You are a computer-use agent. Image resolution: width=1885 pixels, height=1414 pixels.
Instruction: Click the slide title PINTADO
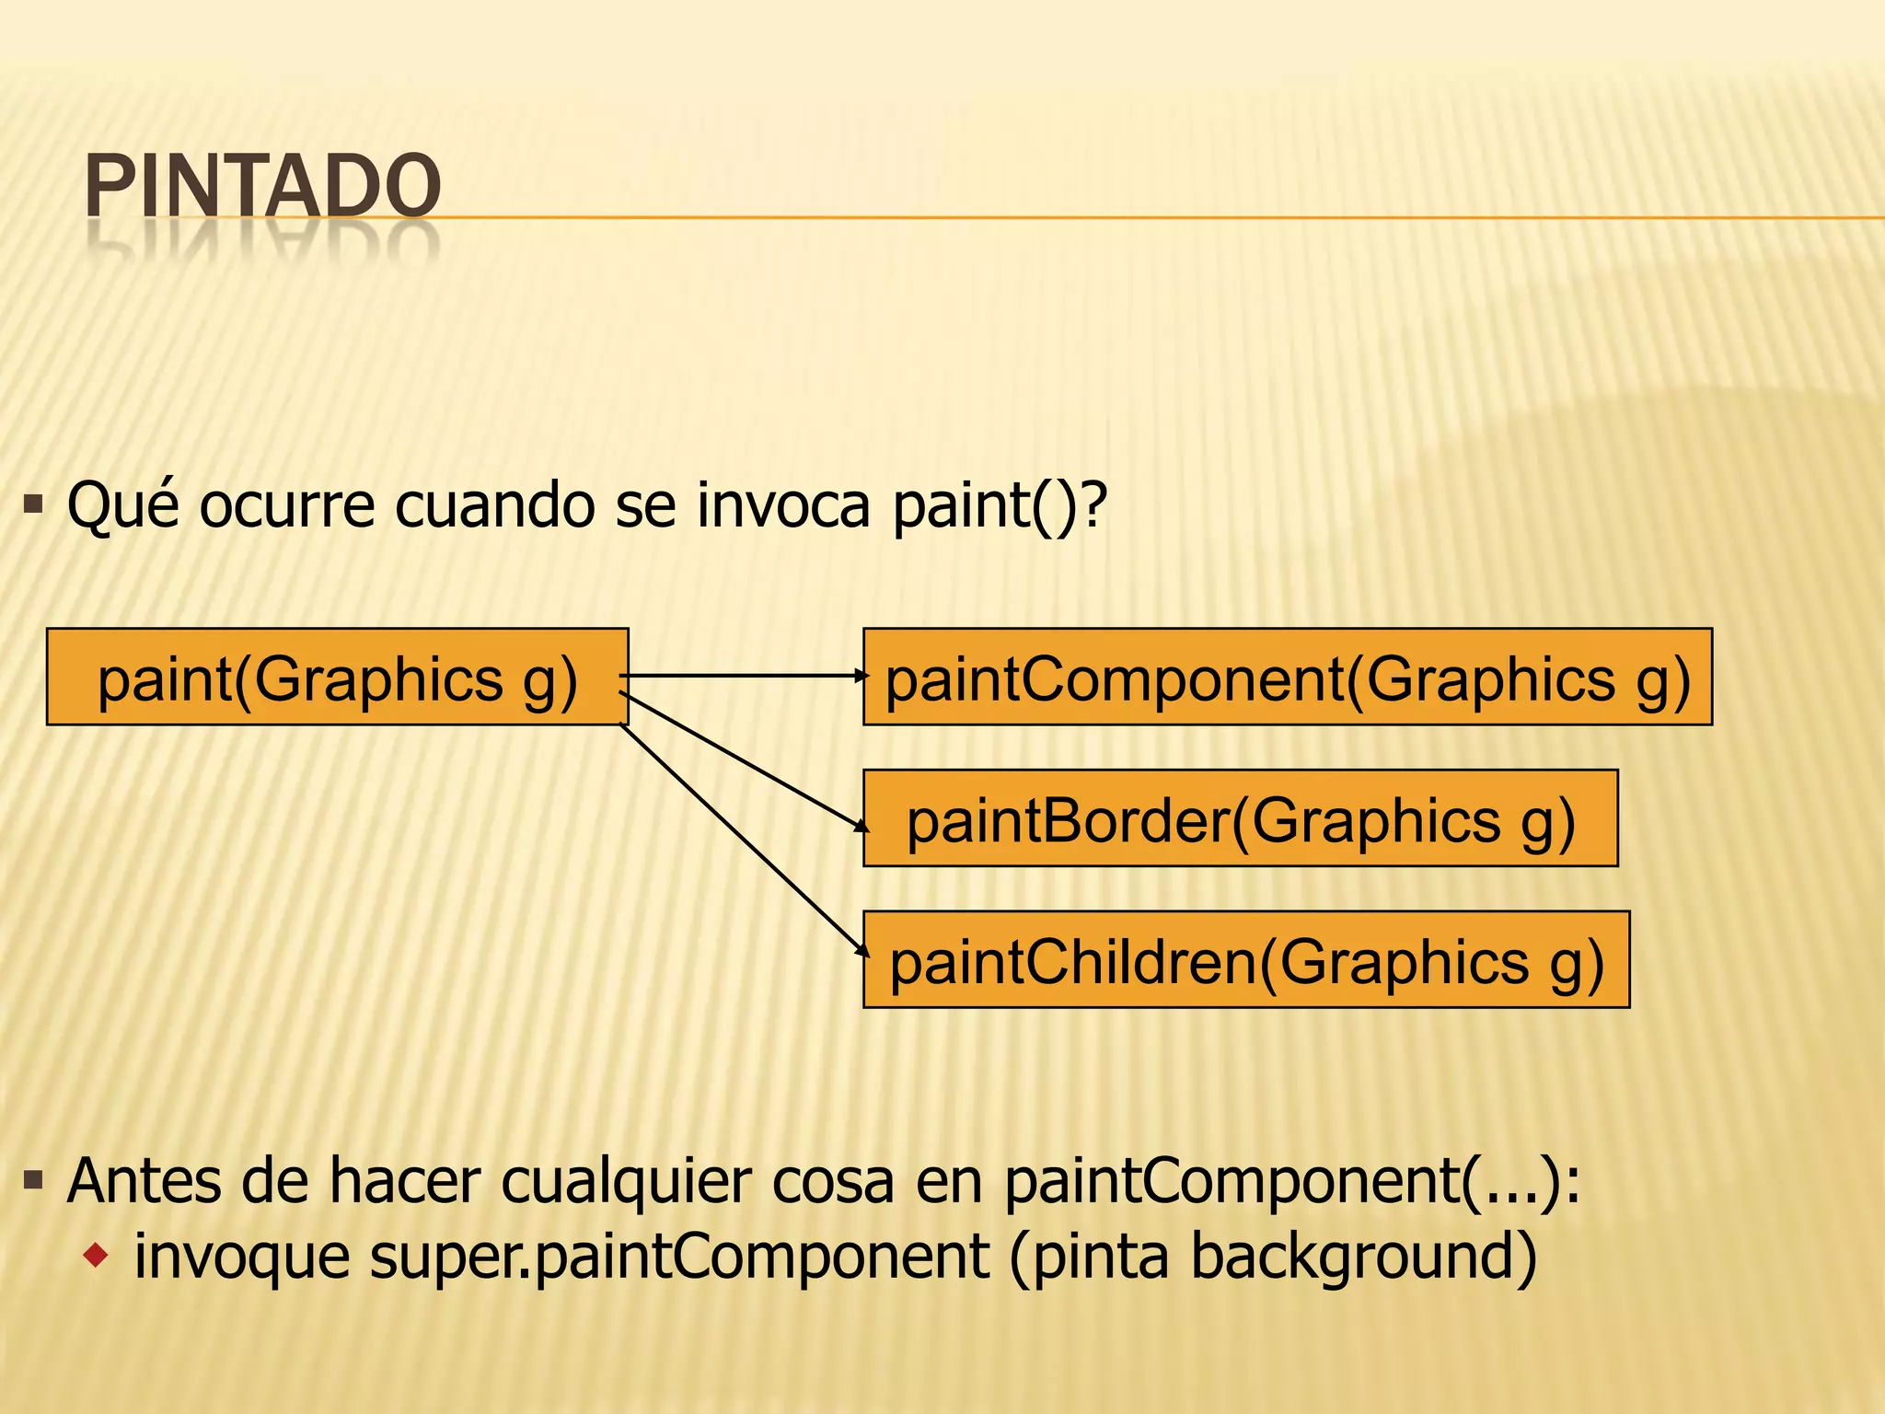(x=262, y=187)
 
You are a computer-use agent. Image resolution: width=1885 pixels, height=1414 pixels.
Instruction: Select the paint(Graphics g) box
(x=337, y=678)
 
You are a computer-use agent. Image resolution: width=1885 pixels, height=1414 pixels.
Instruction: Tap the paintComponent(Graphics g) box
(x=1287, y=678)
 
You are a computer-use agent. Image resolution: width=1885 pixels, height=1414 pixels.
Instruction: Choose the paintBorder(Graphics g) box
(x=1240, y=818)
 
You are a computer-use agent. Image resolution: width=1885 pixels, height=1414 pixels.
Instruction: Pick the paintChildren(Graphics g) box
(x=1246, y=960)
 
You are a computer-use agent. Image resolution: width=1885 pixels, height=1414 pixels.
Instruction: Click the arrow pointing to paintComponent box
(x=746, y=676)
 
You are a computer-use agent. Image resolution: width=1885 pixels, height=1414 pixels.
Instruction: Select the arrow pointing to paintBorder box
(x=746, y=762)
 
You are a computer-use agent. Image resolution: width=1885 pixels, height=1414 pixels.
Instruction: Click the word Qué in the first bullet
(x=123, y=505)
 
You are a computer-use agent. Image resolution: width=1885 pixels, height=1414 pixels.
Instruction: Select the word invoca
(x=783, y=505)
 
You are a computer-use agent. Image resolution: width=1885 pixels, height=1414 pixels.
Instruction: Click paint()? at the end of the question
(x=1000, y=505)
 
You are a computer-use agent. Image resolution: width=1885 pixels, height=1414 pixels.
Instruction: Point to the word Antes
(x=144, y=1181)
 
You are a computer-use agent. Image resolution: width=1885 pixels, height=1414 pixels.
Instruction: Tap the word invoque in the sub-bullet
(x=241, y=1257)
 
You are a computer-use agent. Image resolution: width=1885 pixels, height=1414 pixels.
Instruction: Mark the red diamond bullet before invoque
(x=96, y=1254)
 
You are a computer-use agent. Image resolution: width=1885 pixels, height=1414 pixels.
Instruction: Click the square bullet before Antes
(x=34, y=1180)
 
